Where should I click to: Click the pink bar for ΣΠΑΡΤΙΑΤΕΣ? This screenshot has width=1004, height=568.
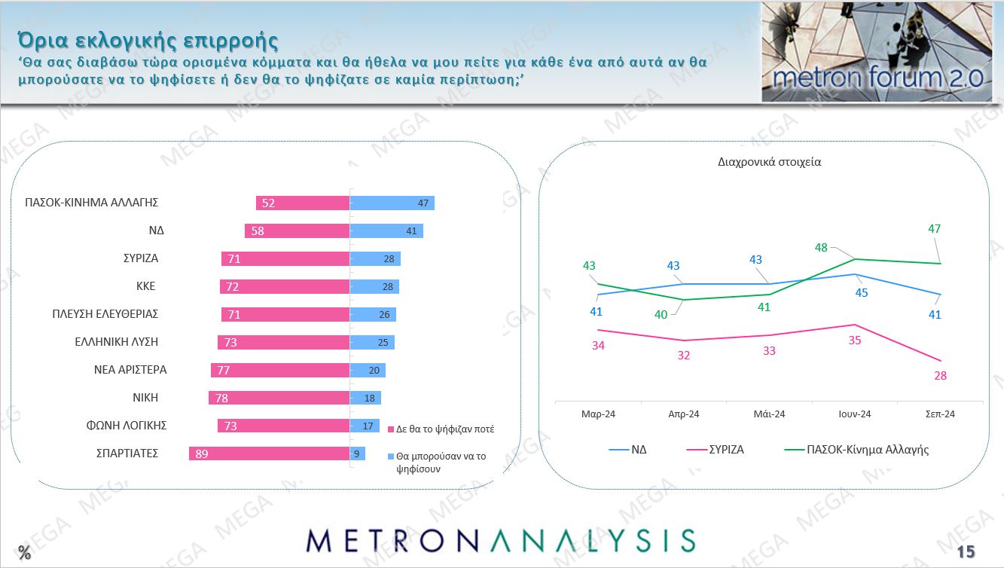click(x=269, y=453)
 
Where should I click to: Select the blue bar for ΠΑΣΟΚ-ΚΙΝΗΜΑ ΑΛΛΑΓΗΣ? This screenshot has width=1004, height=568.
click(x=392, y=203)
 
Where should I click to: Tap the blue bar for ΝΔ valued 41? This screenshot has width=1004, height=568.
click(x=386, y=231)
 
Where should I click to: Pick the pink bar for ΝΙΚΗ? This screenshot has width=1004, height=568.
click(x=279, y=398)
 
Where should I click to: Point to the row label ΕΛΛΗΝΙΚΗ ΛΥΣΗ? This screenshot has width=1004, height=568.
click(x=116, y=341)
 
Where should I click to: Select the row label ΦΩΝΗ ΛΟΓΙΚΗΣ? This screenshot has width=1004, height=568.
click(x=127, y=425)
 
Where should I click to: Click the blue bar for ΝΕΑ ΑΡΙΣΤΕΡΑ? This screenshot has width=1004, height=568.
click(x=368, y=370)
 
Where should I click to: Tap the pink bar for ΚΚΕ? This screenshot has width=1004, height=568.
click(x=285, y=286)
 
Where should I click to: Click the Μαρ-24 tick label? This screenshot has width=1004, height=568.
click(x=597, y=414)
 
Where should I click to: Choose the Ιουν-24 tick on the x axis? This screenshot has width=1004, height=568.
click(x=855, y=414)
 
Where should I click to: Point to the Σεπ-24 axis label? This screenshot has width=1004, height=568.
click(x=940, y=414)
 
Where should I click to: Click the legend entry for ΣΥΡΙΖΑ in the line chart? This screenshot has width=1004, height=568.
click(x=726, y=450)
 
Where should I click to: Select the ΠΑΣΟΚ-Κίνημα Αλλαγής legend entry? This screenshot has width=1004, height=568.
click(x=867, y=450)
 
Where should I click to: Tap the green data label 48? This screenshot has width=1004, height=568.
click(x=821, y=247)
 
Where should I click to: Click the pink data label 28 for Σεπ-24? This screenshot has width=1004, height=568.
click(x=940, y=375)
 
